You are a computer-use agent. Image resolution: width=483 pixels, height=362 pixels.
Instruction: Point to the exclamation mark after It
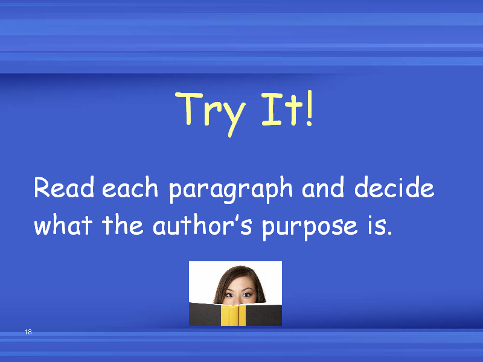coord(309,108)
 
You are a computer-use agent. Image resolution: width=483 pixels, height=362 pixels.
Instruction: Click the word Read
coord(64,187)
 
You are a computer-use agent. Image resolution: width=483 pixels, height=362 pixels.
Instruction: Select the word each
coord(130,187)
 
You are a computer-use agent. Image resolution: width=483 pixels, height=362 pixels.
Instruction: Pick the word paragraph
coord(231,189)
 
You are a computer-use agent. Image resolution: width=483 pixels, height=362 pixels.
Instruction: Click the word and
coord(323,187)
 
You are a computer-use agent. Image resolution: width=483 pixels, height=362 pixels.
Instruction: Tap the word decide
coord(395,187)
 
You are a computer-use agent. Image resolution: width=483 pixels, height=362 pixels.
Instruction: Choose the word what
coord(63,224)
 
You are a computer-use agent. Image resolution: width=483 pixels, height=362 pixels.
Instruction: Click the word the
coord(123,224)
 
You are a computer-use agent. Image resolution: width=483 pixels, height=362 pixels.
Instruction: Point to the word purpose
coord(310,227)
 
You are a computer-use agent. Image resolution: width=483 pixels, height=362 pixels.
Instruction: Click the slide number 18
coord(28,332)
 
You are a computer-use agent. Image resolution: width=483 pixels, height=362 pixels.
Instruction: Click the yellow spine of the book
coord(233,315)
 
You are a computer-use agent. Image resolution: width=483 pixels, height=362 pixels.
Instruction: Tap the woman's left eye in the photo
coord(247,295)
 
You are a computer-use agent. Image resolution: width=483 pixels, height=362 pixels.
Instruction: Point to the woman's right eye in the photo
coord(229,295)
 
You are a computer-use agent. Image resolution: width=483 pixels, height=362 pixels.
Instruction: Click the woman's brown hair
coord(222,283)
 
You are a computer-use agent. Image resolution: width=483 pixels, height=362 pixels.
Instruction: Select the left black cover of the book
coord(205,314)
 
